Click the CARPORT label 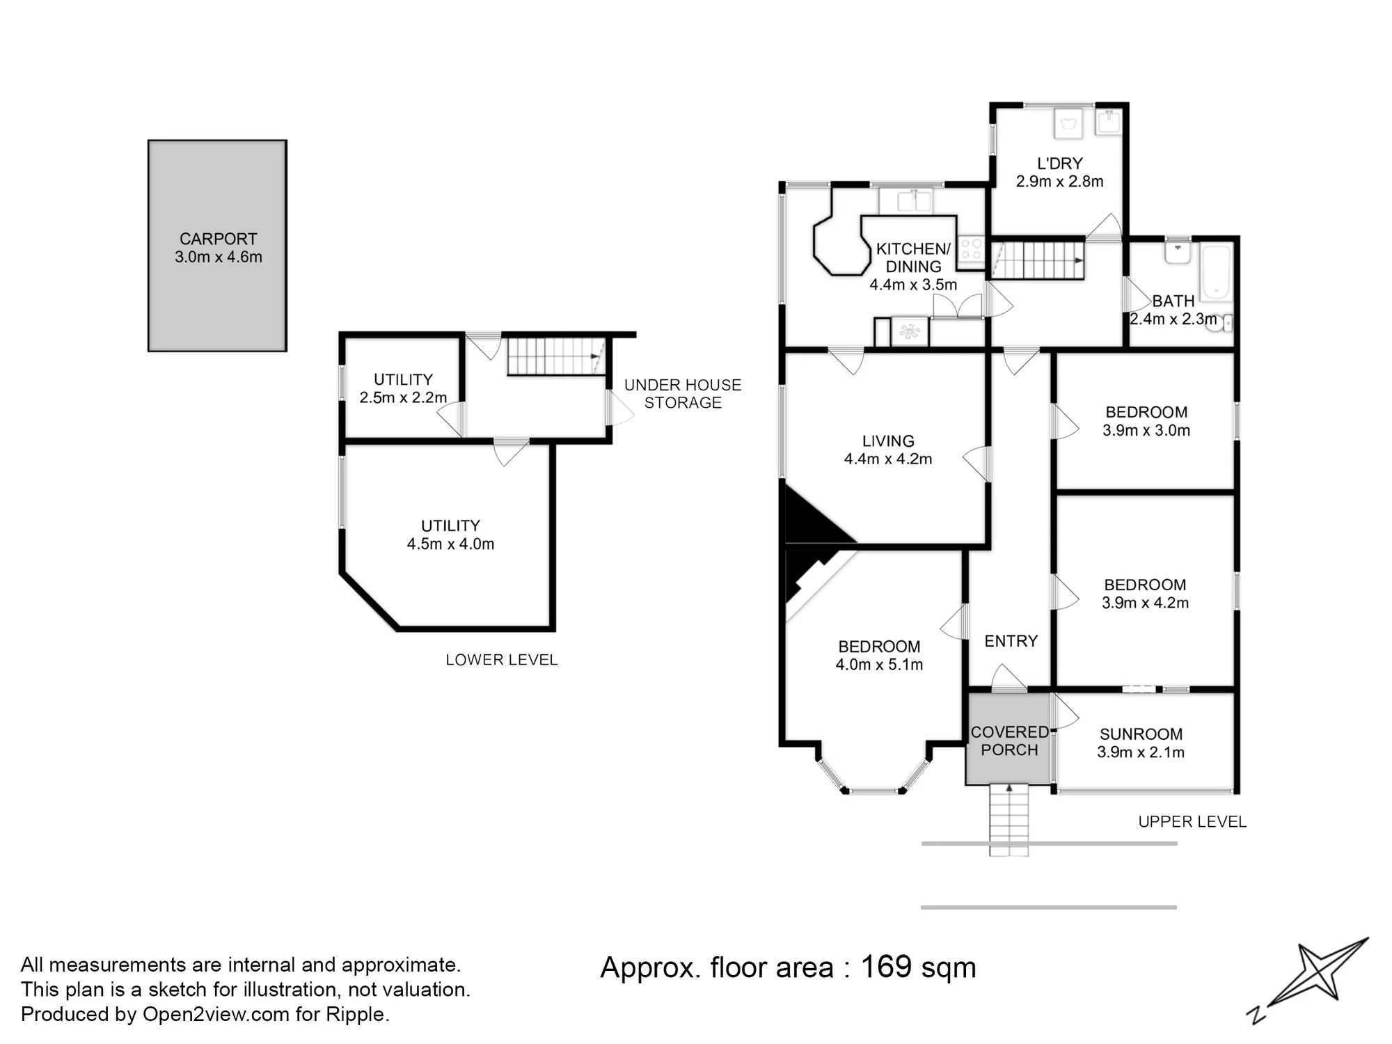pyautogui.click(x=218, y=239)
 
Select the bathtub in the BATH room pyautogui.click(x=1216, y=272)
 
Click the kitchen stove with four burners pyautogui.click(x=970, y=250)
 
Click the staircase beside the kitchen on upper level pyautogui.click(x=1037, y=260)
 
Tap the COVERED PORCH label pyautogui.click(x=1009, y=741)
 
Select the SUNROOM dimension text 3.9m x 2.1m pyautogui.click(x=1141, y=752)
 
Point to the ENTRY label pyautogui.click(x=1011, y=641)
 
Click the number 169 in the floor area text pyautogui.click(x=886, y=967)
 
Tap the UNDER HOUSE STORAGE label pyautogui.click(x=683, y=394)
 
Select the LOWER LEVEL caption pyautogui.click(x=502, y=660)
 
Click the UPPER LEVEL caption pyautogui.click(x=1192, y=822)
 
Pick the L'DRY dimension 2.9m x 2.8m pyautogui.click(x=1059, y=182)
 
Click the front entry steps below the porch pyautogui.click(x=1009, y=820)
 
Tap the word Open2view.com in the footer pyautogui.click(x=216, y=1014)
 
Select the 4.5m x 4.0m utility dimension pyautogui.click(x=450, y=544)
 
